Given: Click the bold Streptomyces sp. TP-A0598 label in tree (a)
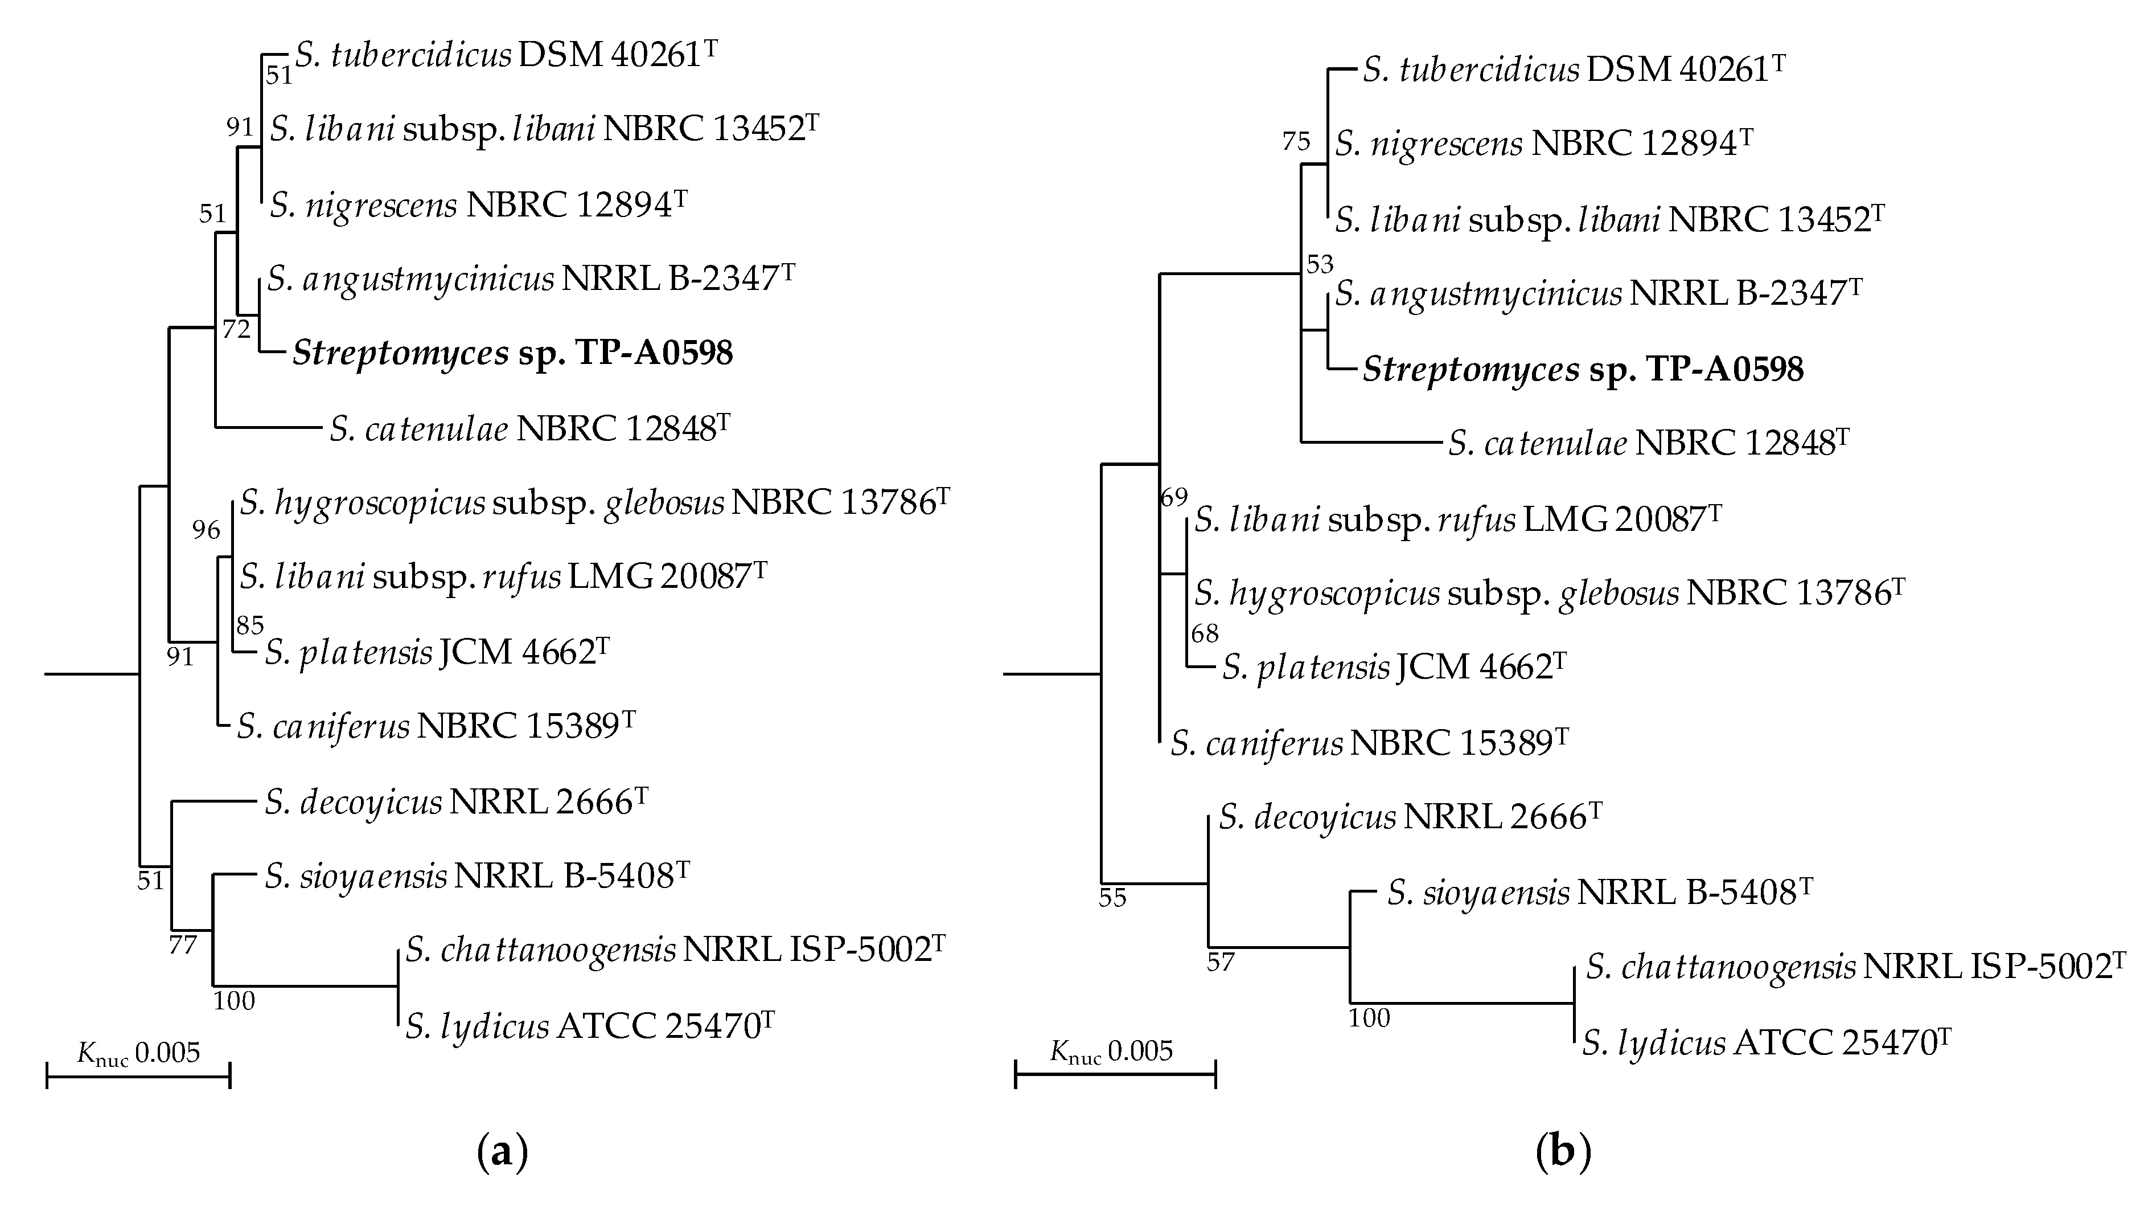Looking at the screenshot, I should click(512, 354).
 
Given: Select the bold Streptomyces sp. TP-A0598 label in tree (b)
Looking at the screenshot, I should click(1582, 370).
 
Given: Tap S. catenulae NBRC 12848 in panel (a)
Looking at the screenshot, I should click(529, 429).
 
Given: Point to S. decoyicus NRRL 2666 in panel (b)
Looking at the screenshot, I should click(1410, 817).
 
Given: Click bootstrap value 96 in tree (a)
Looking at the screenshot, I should click(206, 530).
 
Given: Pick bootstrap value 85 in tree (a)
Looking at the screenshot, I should click(249, 625).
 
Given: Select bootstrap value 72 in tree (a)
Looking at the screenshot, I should click(236, 330).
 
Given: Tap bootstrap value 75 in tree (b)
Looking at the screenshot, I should click(1296, 141).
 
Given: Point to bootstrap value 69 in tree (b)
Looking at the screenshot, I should click(1173, 498).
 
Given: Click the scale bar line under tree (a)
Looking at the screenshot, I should click(138, 1077).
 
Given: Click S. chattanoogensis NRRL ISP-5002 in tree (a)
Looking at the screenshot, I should click(676, 950).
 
